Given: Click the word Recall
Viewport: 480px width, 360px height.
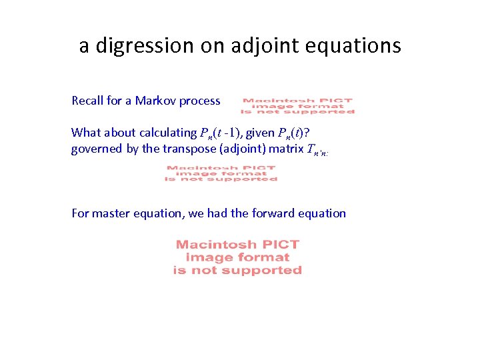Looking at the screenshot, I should (87, 101).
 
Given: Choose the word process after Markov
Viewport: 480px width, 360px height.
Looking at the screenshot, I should (199, 101).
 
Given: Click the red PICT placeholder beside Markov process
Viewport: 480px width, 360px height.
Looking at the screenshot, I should (297, 106).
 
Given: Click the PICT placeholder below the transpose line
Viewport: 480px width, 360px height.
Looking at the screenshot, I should (221, 173).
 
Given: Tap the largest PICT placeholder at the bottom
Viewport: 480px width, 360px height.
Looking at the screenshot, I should (237, 257).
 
